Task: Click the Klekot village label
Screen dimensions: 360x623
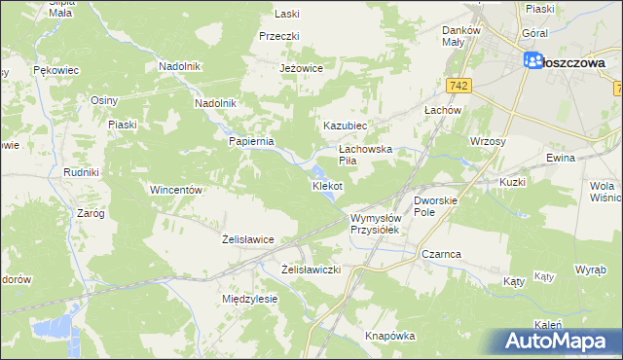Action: (x=326, y=185)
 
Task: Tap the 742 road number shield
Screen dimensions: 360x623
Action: (x=460, y=87)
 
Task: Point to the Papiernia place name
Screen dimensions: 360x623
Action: (x=252, y=140)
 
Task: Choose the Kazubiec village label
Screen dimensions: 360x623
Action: (x=345, y=126)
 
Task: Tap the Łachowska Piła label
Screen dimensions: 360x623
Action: (x=364, y=155)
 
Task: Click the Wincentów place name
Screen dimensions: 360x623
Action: (x=175, y=190)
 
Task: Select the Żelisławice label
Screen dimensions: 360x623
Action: (x=247, y=238)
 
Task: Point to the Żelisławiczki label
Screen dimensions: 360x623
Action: (x=311, y=269)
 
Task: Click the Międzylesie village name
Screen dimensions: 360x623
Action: (x=250, y=299)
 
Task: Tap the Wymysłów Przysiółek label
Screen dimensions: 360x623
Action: (x=376, y=224)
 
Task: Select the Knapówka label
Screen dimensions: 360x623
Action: (x=390, y=335)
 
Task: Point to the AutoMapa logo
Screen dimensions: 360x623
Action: (x=560, y=341)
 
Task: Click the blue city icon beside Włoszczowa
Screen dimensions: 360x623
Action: (x=533, y=61)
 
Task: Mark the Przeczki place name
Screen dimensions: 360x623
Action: (x=278, y=35)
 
